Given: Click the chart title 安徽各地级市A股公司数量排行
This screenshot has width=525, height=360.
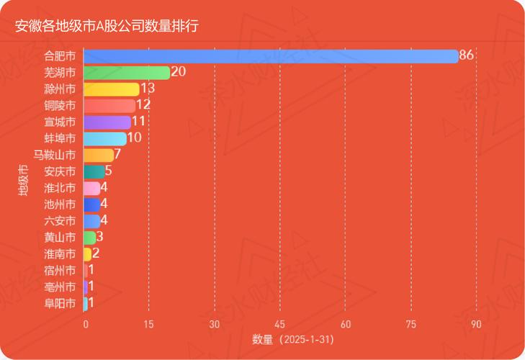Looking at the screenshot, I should pos(107,26).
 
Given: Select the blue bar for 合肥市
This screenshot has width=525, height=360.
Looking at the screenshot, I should pos(271,56).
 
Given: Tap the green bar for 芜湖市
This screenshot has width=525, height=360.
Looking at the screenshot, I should pos(127,73).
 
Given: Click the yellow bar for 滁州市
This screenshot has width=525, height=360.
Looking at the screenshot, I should pos(112,89).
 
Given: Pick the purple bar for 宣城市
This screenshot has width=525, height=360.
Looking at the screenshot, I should pos(107,122).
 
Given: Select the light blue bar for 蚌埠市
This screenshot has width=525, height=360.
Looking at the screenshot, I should pos(105,139).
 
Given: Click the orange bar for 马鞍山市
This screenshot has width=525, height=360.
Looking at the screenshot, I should pos(99,155).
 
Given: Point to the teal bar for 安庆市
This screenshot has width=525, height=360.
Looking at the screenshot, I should pos(94,171).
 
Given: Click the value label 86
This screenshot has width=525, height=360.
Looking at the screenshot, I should pos(466,55).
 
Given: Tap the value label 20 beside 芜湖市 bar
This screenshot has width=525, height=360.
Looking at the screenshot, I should pos(179,72).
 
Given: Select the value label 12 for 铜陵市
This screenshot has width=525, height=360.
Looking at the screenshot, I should pos(143,105).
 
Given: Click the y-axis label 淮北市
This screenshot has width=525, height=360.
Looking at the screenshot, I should pos(60,188).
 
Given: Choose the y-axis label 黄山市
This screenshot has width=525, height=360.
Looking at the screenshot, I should pos(60,238).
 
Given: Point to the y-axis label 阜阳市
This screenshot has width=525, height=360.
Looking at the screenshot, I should pos(60,303).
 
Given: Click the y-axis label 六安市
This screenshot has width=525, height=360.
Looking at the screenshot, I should pos(60,221).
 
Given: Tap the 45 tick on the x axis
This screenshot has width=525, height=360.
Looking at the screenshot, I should pos(280,325).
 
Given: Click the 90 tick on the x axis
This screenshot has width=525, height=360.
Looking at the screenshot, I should pos(476,325).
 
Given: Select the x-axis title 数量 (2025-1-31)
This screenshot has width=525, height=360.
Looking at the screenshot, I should pos(292,339).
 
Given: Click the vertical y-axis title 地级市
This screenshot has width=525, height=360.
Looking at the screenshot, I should pos(23,180).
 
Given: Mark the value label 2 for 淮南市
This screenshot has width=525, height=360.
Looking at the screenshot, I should pos(96,253).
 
